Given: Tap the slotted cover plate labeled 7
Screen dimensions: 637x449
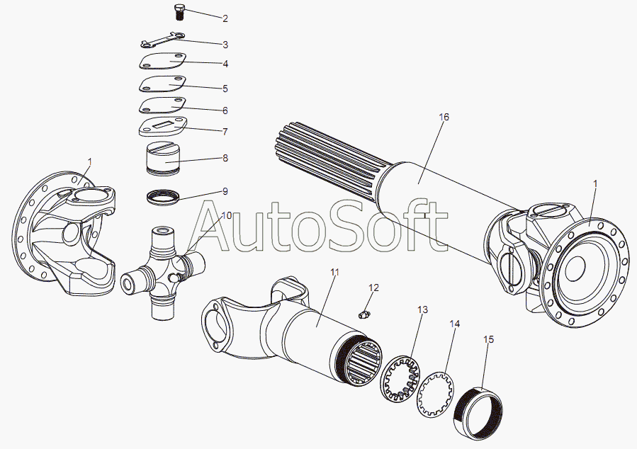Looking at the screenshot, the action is tap(163, 127).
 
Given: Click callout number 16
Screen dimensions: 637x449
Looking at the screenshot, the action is tap(444, 117).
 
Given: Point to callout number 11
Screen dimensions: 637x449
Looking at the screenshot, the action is tap(334, 272).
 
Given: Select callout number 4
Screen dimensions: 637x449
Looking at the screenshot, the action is tap(225, 64).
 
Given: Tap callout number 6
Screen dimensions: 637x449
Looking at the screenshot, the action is tap(225, 110).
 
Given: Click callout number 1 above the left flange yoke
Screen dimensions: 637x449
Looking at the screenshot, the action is tap(90, 161).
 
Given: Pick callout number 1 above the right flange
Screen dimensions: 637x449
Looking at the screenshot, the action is tap(596, 183).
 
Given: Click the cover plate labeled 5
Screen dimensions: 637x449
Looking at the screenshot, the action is tap(162, 84).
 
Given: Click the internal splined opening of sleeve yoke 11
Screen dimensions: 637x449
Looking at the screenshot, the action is tap(363, 363).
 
